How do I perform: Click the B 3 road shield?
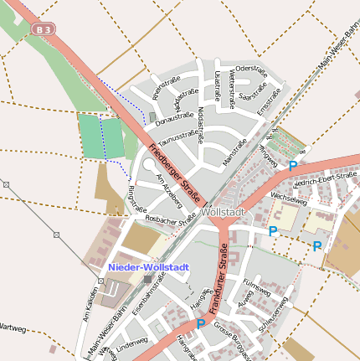(44, 29)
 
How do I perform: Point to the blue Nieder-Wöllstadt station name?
(148, 266)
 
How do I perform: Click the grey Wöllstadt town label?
(224, 213)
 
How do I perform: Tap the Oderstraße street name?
(250, 67)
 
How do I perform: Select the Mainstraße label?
(235, 152)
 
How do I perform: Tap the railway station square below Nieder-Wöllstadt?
(147, 279)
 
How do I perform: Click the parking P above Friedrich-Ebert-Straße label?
(292, 166)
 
